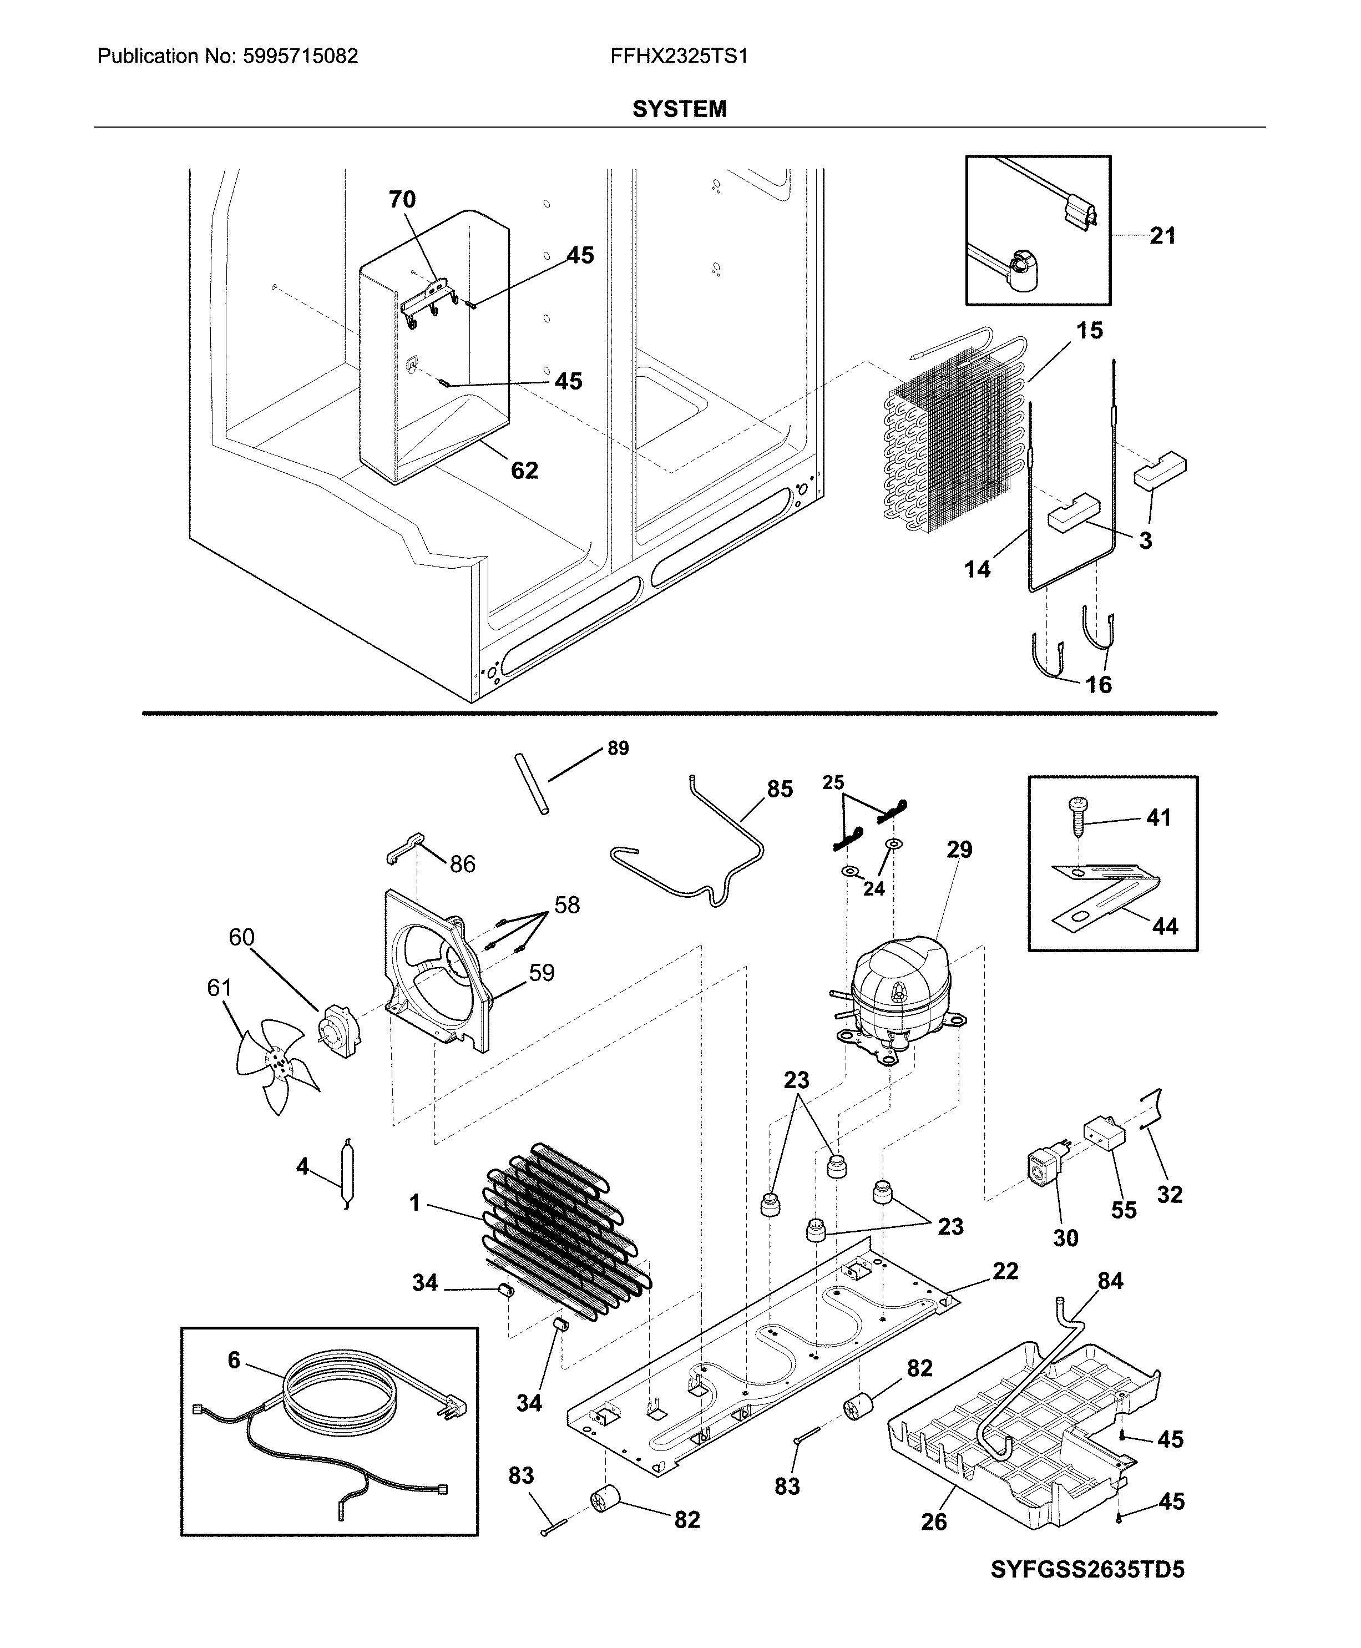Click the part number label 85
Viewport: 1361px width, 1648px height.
(x=780, y=788)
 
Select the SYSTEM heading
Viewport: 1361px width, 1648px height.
(x=679, y=109)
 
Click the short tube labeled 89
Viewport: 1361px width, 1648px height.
(x=531, y=784)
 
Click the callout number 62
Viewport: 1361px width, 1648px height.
(x=524, y=471)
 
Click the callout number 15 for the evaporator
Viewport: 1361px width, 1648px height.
(x=1089, y=331)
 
